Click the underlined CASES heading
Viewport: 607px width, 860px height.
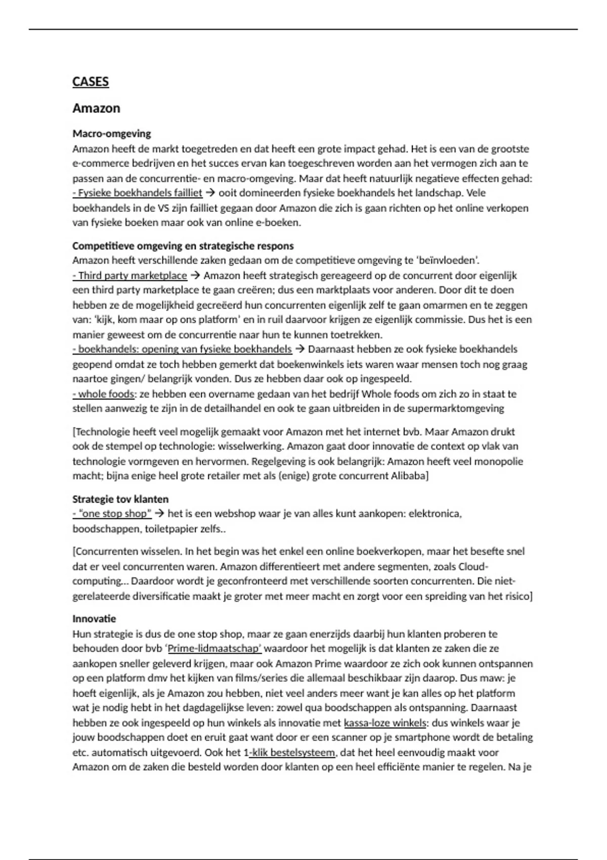click(x=91, y=82)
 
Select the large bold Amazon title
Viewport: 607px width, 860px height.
click(x=96, y=108)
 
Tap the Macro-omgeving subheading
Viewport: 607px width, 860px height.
click(x=112, y=134)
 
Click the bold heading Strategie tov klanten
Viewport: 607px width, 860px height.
click(x=120, y=499)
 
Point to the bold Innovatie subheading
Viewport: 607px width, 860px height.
click(x=94, y=619)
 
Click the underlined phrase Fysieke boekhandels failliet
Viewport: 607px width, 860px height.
click(x=138, y=193)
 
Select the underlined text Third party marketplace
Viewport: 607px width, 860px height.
click(x=131, y=276)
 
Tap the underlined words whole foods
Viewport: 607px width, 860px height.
click(x=104, y=394)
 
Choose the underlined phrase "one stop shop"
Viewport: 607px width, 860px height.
click(x=113, y=514)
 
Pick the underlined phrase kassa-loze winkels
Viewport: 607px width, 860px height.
click(x=385, y=723)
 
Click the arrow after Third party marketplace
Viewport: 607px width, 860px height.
click(x=196, y=276)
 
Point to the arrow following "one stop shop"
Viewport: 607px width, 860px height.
click(x=160, y=514)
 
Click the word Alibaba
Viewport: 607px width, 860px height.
click(x=409, y=476)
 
